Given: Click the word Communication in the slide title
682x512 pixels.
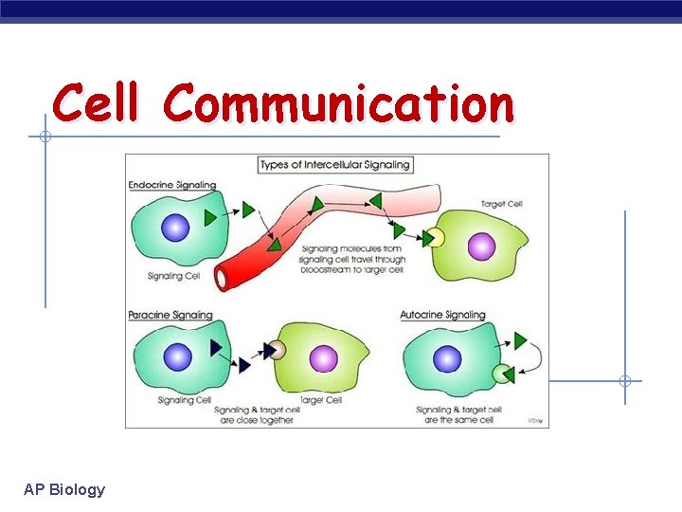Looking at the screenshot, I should click(338, 102).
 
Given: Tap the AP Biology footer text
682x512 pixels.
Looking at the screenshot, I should click(64, 489).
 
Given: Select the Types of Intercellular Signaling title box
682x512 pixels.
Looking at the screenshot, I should click(336, 164).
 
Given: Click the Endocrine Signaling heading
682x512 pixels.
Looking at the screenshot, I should click(172, 185).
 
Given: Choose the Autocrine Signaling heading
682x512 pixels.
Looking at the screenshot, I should click(442, 315).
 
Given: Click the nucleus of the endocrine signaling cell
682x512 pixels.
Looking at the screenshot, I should click(175, 228).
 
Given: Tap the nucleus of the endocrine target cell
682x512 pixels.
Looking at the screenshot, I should click(481, 247).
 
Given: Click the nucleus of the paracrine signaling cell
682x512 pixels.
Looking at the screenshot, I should click(177, 357).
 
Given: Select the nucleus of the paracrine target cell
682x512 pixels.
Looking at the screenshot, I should click(323, 357).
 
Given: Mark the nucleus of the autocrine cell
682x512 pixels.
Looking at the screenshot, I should click(446, 359).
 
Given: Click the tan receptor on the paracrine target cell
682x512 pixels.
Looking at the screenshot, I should click(275, 350).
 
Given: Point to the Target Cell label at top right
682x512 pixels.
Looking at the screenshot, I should click(501, 204).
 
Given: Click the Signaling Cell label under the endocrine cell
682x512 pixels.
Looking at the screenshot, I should click(173, 277).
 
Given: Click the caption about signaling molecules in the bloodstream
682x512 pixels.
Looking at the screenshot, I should click(351, 259).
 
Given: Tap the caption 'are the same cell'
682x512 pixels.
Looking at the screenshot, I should click(458, 420).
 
